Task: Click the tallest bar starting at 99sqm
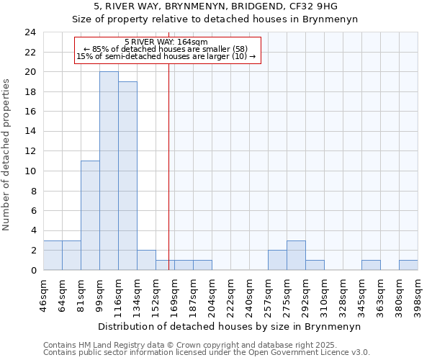coord(109,171)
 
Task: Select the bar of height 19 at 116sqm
coord(127,176)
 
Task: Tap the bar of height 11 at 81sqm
coord(90,215)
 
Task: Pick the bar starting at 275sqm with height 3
coord(296,255)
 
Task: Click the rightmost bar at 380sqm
coord(408,265)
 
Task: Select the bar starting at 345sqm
coord(371,265)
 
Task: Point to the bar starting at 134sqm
coord(146,260)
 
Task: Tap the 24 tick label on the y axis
coord(30,32)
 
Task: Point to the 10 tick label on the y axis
coord(30,171)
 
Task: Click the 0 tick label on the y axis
coord(32,270)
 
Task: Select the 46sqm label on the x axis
coord(44,293)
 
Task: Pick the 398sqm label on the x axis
coord(418,293)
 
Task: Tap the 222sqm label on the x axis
coord(231,293)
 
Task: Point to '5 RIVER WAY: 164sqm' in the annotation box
coord(166,42)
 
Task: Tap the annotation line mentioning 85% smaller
coord(166,49)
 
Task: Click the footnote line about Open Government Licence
coord(207,353)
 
